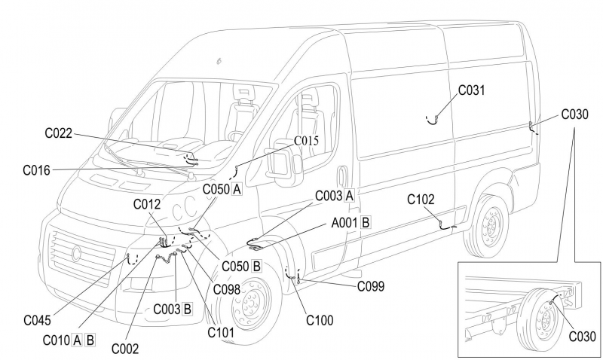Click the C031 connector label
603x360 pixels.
tap(473, 90)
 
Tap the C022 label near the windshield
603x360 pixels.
tap(57, 134)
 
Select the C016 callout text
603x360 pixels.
tap(36, 171)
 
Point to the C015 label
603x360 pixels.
tap(306, 141)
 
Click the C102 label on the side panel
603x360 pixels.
tap(421, 200)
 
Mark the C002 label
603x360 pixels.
tap(125, 348)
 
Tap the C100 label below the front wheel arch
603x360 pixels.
tap(320, 320)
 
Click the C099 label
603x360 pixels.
tap(371, 285)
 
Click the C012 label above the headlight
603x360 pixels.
tap(147, 203)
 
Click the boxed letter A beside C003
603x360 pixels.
tap(349, 195)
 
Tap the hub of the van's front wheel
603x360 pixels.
tap(249, 305)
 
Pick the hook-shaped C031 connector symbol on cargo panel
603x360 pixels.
tap(433, 119)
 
